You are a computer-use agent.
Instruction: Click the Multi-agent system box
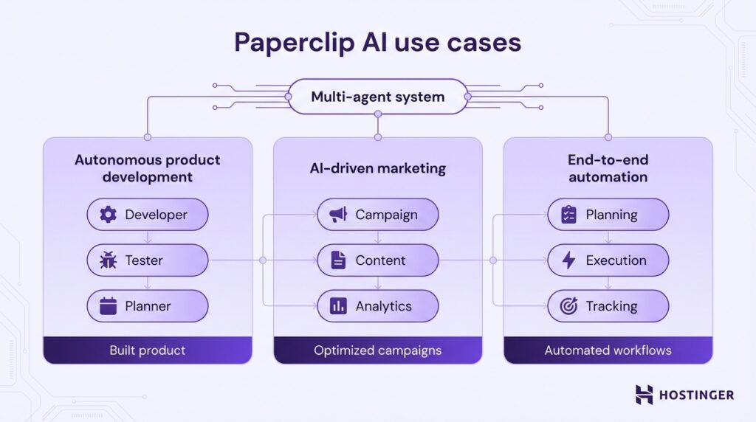(x=377, y=97)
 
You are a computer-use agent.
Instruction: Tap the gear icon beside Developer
(x=109, y=215)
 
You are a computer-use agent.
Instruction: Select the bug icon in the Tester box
(x=109, y=260)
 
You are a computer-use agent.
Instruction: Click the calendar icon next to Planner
(x=109, y=306)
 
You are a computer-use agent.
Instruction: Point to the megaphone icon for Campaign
(x=338, y=215)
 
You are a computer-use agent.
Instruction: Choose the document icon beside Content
(x=338, y=260)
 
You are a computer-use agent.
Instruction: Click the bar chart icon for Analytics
(x=338, y=306)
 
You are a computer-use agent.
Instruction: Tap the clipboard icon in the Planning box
(x=568, y=215)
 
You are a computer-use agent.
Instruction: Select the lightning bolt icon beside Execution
(x=568, y=260)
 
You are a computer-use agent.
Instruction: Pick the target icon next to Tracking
(x=568, y=306)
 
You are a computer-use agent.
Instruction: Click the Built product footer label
(x=148, y=350)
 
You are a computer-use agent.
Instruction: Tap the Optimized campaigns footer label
(x=377, y=350)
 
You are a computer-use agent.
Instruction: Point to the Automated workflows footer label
(x=608, y=350)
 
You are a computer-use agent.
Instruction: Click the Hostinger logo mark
(x=645, y=395)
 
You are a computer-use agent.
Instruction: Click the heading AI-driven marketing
(x=377, y=168)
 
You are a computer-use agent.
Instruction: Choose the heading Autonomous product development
(x=148, y=168)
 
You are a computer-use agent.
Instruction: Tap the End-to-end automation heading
(x=608, y=168)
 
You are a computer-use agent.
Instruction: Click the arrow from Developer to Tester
(x=148, y=238)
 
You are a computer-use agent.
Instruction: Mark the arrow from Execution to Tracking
(x=608, y=283)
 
